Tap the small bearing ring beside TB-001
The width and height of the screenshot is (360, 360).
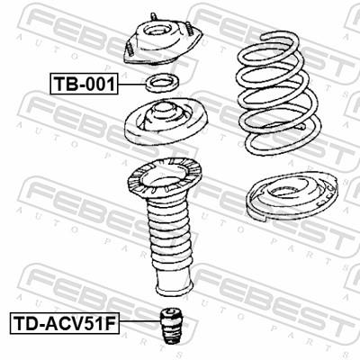pos(163,86)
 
